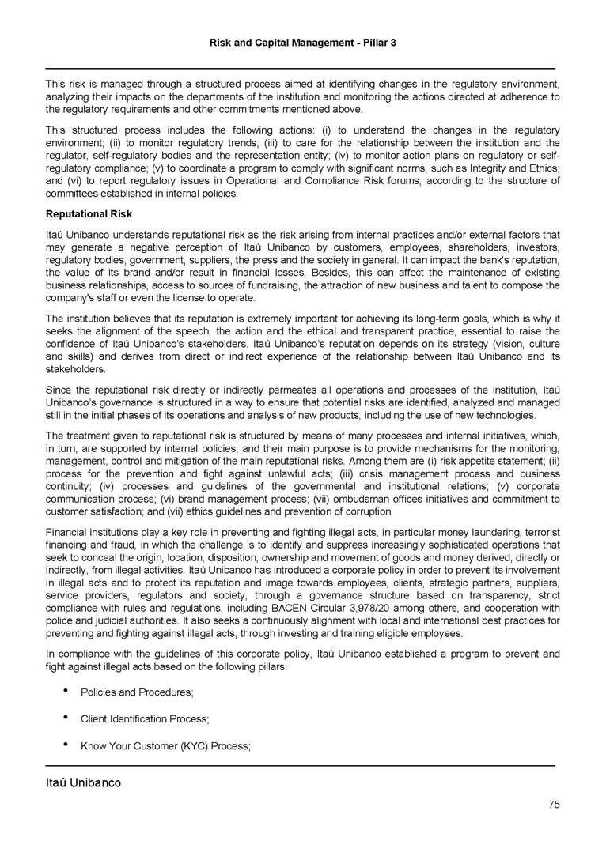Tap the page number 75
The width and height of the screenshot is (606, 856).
click(x=554, y=805)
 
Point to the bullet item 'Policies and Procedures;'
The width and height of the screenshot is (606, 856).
click(x=137, y=692)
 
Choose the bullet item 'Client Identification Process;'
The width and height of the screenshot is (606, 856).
click(x=145, y=719)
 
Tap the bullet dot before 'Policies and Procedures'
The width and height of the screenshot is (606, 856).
click(x=62, y=692)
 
